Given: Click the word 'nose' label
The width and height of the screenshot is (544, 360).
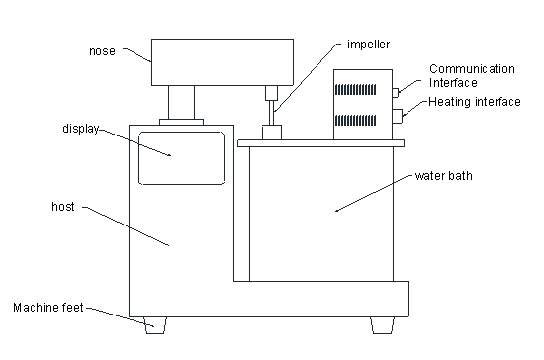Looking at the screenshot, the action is [102, 51].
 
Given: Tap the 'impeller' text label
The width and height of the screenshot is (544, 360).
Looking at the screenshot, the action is [369, 45].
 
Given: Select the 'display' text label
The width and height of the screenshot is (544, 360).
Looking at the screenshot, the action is [81, 129].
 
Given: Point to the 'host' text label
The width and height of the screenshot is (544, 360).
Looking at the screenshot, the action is [63, 207].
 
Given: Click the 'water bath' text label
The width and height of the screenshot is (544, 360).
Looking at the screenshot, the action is [444, 176].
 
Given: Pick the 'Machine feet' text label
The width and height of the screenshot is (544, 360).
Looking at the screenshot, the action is [48, 308].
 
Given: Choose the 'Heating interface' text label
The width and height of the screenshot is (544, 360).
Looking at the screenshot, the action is [475, 102].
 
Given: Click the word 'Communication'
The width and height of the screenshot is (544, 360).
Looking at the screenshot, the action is [472, 69].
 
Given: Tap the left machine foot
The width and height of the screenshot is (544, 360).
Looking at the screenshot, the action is [155, 325].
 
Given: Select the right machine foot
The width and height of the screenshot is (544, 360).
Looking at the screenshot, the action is [383, 325].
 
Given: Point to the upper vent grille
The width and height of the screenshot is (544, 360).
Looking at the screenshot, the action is [356, 90].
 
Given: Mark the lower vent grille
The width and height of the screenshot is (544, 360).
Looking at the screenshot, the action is [356, 121].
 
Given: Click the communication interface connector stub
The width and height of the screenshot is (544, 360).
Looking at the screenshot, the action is [396, 93].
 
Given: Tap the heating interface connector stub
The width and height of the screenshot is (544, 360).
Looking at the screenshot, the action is [398, 116].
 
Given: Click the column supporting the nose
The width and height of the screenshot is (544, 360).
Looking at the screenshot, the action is [181, 102].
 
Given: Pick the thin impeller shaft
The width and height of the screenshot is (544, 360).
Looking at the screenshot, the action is [272, 113].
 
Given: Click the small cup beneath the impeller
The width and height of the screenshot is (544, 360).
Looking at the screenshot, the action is [272, 133].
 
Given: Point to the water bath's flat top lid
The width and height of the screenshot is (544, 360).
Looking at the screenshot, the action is [320, 143].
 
